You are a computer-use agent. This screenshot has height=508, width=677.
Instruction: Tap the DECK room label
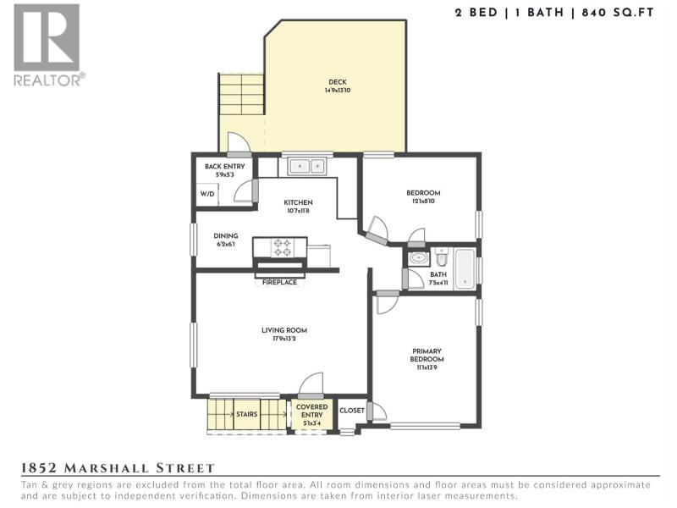[x=337, y=82]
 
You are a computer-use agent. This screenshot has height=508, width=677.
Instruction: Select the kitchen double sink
[x=306, y=166]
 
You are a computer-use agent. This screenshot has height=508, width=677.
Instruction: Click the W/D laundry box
[x=207, y=194]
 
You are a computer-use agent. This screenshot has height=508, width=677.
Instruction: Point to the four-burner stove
[x=283, y=248]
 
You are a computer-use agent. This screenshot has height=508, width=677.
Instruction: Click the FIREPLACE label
[x=279, y=282]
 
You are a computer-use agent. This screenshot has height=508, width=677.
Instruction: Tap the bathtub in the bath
[x=465, y=268]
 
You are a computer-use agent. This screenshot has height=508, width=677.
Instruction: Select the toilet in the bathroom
[x=441, y=257]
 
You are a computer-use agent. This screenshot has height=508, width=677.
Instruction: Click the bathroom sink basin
[x=418, y=258]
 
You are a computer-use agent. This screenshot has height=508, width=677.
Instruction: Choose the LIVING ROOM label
[x=284, y=330]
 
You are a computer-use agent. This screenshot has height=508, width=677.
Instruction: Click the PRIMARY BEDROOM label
[x=427, y=355]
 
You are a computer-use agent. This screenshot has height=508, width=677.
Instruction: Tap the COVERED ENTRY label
[x=311, y=411]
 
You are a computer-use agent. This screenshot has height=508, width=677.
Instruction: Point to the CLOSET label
[x=352, y=411]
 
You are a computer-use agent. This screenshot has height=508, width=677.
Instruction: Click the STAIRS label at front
[x=246, y=414]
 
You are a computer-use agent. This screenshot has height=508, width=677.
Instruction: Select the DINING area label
[x=226, y=236]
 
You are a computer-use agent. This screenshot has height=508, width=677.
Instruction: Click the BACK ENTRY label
[x=224, y=166]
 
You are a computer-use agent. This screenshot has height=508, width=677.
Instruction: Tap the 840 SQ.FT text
[x=618, y=13]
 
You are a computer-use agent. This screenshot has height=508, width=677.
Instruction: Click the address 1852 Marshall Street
[x=118, y=468]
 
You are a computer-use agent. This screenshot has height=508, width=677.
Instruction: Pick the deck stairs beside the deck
[x=241, y=94]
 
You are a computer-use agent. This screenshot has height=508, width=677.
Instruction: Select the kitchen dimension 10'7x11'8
[x=298, y=211]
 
